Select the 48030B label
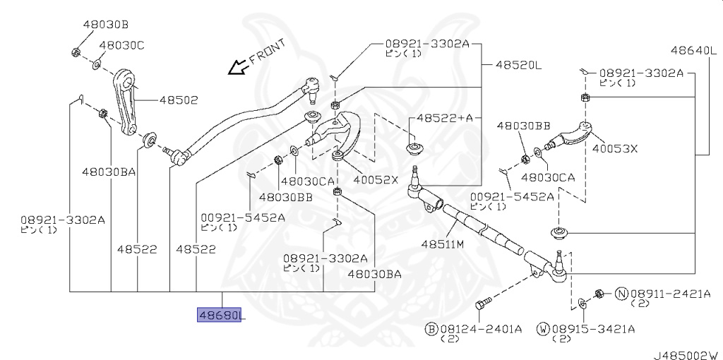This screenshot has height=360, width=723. coord(105,24)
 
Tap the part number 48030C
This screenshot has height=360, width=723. coord(121,45)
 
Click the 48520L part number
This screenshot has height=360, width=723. coord(518,66)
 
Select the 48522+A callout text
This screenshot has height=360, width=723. coord(444,118)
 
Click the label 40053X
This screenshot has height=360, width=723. coord(614,149)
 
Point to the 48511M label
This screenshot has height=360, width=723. coord(443,244)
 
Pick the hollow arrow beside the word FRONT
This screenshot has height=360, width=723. coord(234,67)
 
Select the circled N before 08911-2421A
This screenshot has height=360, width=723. coord(622,293)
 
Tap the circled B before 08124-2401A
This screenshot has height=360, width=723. coord(431,328)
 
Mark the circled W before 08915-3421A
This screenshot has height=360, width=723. coord(543,328)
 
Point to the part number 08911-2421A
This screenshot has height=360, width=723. coord(667,293)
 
